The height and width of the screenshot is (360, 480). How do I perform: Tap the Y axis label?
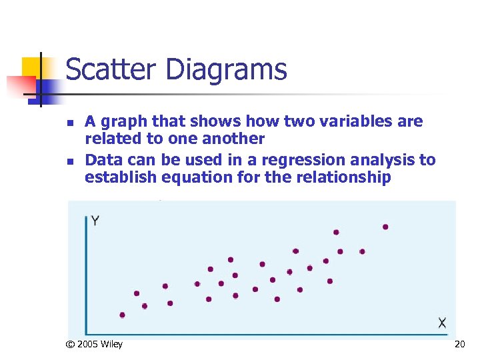pos(96,221)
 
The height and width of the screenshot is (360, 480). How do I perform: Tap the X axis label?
pos(442,323)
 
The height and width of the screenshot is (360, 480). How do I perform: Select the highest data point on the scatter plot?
pos(385,227)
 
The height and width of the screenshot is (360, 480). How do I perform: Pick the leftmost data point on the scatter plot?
pos(122,315)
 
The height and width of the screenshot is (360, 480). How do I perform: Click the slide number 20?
pos(459,344)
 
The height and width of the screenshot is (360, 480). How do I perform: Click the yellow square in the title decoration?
pos(31,68)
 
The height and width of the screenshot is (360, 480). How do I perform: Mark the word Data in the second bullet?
pos(102,160)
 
